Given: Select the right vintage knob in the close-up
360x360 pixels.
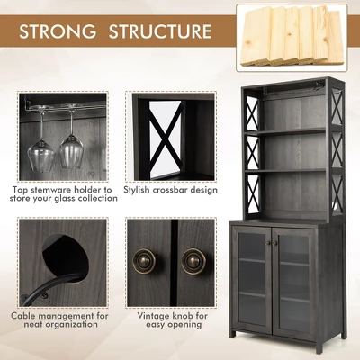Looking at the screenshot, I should pyautogui.click(x=193, y=261).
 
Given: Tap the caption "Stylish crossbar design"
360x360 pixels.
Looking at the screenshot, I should pyautogui.click(x=171, y=191).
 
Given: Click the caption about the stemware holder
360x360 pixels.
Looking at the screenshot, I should pyautogui.click(x=65, y=194).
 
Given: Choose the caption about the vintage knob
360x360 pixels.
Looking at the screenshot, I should pyautogui.click(x=171, y=321).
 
